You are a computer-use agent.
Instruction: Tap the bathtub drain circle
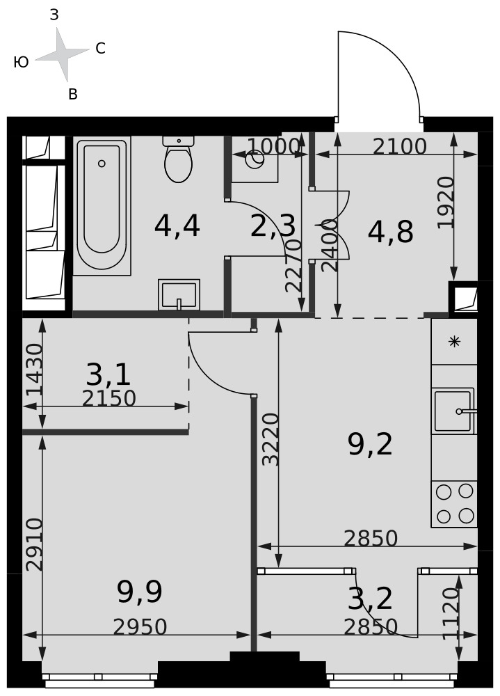[102, 164]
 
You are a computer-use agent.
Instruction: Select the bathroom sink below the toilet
[179, 294]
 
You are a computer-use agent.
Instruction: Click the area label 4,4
[177, 226]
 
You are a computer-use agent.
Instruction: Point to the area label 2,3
[273, 226]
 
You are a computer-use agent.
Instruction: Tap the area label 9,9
[139, 592]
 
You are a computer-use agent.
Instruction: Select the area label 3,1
[108, 374]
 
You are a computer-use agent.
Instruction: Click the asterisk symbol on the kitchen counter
[454, 341]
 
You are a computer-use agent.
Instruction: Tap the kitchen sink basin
[453, 411]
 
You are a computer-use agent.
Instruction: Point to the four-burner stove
[454, 504]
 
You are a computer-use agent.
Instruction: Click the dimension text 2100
[399, 146]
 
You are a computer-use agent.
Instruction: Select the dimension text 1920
[446, 203]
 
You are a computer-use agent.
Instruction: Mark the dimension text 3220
[271, 439]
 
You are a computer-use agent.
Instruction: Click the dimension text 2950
[140, 627]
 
